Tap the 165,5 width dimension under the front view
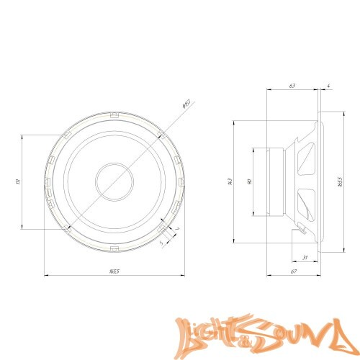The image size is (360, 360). tap(114, 271)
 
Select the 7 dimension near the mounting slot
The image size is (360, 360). tap(176, 230)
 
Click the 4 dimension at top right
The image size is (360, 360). tap(328, 86)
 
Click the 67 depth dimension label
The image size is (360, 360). tap(294, 271)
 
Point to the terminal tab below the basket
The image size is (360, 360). tap(301, 230)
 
